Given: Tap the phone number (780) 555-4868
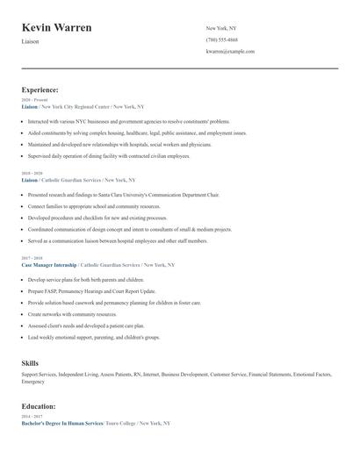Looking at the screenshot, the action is coord(221,39).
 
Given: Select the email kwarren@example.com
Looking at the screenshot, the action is coord(230,51).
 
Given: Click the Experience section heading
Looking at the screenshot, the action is coord(40,89).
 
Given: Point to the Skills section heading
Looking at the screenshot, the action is coord(30,362).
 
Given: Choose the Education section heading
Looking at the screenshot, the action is coord(39,406).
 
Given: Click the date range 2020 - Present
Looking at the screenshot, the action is coord(34,100).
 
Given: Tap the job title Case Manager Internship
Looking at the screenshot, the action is coord(48,264).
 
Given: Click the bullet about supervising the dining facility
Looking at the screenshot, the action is coord(110,155).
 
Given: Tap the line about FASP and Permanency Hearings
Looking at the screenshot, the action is coord(91,290).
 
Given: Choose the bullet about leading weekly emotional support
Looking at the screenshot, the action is coord(94,336).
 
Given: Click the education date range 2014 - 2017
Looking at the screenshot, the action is coord(32,417).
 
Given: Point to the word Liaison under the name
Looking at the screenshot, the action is coord(30,41).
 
